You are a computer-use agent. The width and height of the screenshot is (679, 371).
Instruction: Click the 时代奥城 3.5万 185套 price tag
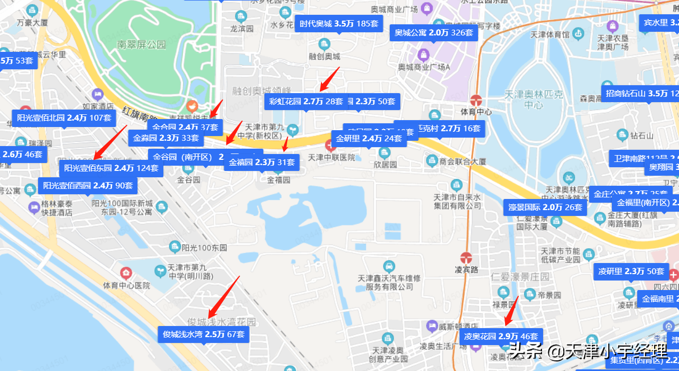(338, 24)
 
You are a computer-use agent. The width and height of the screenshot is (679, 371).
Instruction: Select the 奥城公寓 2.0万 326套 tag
(434, 33)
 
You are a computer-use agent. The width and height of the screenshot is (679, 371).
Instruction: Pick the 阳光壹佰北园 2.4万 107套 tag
(64, 118)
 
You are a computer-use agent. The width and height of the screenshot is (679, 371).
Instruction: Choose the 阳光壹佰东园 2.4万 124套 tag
(111, 168)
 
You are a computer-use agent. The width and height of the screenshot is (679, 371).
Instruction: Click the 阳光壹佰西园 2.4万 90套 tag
(88, 186)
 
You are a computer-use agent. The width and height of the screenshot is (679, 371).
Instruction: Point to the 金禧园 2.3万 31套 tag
(262, 162)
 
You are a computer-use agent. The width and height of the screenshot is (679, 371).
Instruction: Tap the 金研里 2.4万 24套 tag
(369, 139)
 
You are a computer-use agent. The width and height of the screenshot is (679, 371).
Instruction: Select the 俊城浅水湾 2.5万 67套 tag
(203, 334)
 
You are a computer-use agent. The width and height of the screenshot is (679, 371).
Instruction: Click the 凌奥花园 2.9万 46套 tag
(501, 337)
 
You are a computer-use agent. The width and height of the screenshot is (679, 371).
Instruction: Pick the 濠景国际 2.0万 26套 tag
(545, 207)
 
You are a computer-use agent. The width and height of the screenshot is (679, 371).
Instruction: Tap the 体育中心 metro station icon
(475, 99)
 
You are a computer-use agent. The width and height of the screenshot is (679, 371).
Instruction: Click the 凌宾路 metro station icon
(466, 257)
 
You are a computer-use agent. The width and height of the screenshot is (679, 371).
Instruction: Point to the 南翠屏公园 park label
(142, 45)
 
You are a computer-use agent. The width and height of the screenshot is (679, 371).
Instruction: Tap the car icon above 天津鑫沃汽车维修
(389, 265)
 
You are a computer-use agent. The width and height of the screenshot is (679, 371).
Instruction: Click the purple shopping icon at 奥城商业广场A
(424, 55)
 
